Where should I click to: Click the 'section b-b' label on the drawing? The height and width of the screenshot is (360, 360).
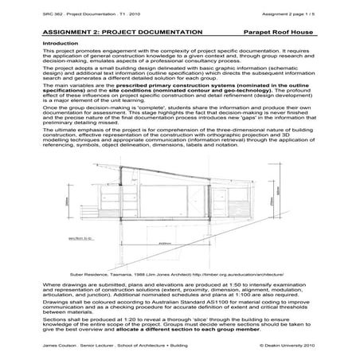[x=78, y=237]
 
